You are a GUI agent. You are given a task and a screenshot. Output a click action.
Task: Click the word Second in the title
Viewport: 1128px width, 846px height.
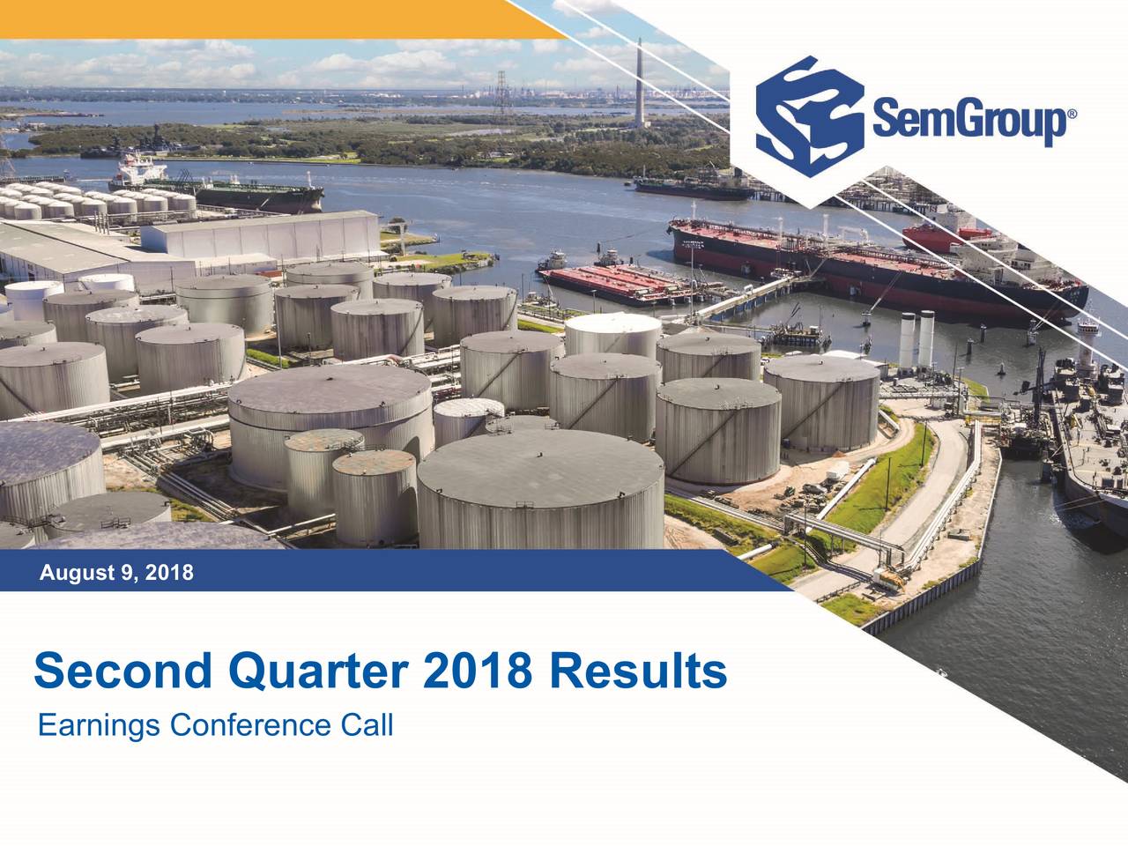click(122, 672)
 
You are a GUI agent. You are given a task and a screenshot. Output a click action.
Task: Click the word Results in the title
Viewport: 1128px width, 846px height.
click(634, 672)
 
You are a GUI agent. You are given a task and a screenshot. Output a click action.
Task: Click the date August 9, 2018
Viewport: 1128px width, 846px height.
click(116, 574)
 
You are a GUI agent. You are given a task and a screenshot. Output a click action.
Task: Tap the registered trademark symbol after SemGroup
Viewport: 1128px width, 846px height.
click(1072, 115)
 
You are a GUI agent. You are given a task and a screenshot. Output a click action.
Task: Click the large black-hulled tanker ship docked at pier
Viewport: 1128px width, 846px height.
click(872, 264)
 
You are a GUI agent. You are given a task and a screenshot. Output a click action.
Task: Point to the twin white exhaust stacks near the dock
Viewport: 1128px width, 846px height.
click(917, 340)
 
